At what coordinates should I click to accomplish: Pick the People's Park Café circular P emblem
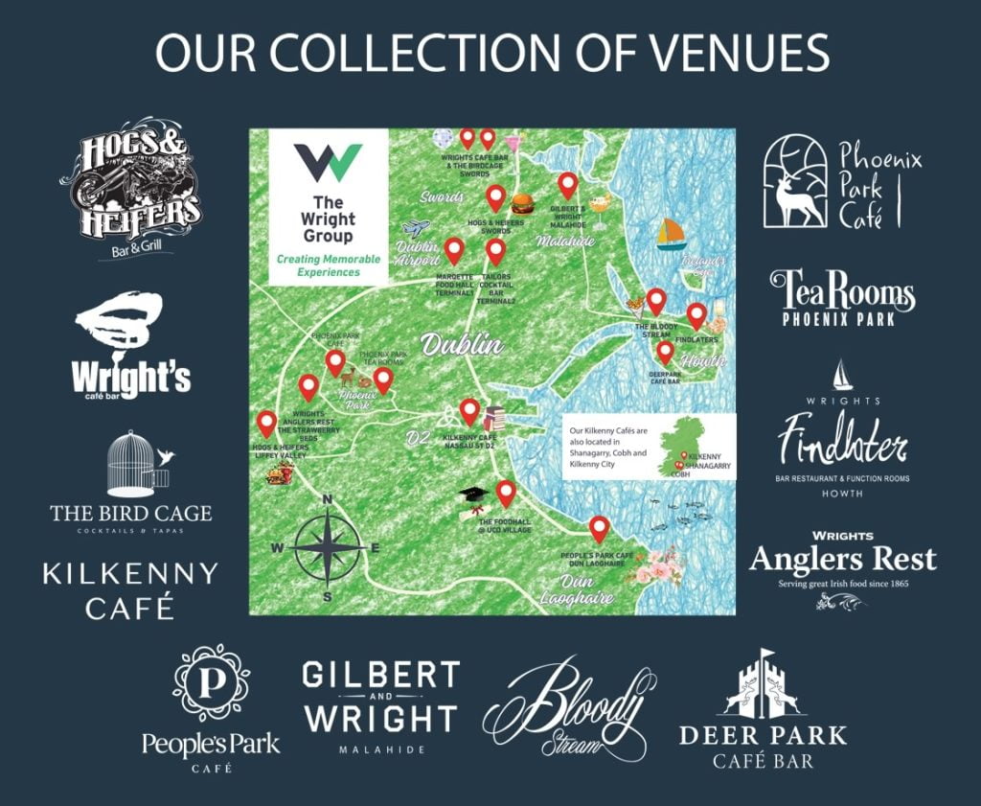pos(211,682)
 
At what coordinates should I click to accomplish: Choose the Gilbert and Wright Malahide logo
pos(379,707)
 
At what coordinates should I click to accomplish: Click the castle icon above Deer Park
pos(763,686)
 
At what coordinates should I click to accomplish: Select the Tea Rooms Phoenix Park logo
pos(842,298)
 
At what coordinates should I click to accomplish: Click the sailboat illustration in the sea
pos(671,234)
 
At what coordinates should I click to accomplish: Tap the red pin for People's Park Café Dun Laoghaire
pos(600,528)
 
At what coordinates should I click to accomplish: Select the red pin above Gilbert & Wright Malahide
pos(567,185)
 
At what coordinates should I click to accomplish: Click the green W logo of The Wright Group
pos(328,163)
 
